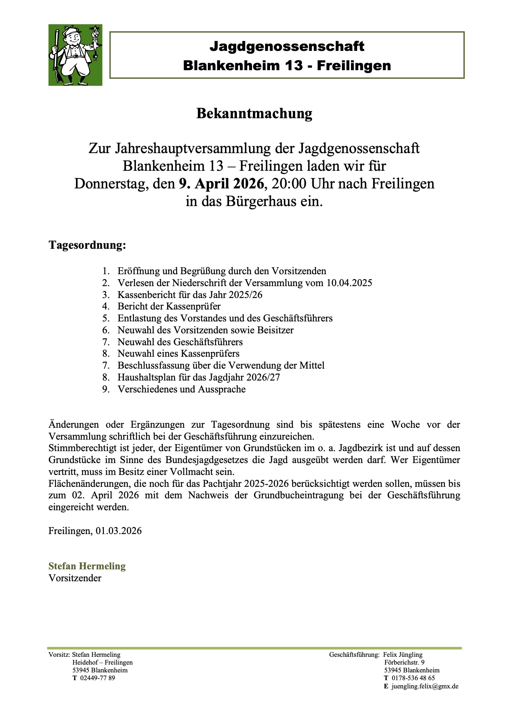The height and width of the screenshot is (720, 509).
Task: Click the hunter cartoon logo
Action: (x=75, y=55)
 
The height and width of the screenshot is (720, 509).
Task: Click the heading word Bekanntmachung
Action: (x=254, y=113)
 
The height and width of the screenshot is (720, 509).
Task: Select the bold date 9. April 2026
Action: (x=221, y=183)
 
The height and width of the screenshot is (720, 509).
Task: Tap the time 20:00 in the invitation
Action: (x=289, y=183)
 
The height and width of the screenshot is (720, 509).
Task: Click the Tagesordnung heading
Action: (x=87, y=245)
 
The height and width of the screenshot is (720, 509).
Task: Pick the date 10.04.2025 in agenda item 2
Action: (x=349, y=283)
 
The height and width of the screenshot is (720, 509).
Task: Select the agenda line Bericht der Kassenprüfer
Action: (x=169, y=307)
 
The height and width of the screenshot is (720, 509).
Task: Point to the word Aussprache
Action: (x=222, y=389)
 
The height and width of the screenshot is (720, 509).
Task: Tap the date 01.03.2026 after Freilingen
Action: (x=119, y=531)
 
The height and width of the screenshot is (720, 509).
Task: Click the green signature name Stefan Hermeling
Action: (x=87, y=566)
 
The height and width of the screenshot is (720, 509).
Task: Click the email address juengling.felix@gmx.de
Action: (x=425, y=686)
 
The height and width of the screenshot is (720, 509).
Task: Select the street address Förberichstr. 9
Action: (x=404, y=663)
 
